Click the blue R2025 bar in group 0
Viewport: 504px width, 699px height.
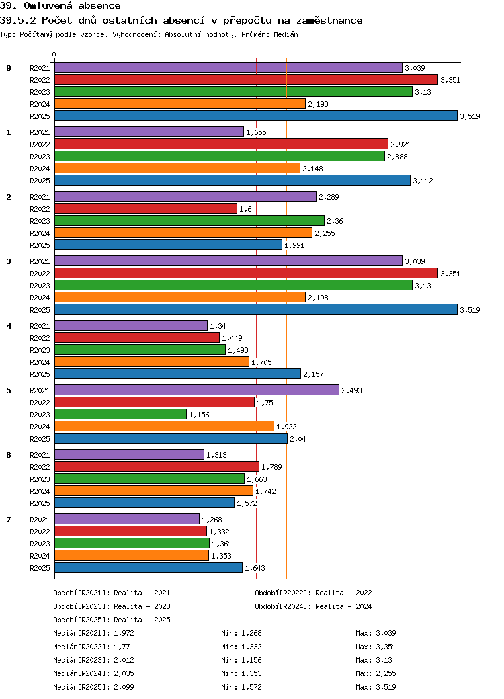click(255, 116)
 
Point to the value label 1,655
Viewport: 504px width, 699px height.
click(256, 132)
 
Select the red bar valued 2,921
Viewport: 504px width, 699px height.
click(221, 145)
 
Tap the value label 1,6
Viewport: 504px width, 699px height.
click(245, 209)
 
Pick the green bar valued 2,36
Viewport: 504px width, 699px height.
click(189, 221)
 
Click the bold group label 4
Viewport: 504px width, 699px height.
click(9, 326)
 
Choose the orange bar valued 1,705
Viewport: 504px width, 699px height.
click(152, 362)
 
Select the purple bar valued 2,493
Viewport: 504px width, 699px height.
click(196, 390)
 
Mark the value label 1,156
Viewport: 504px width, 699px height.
click(199, 415)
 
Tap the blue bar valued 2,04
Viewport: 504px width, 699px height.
click(171, 439)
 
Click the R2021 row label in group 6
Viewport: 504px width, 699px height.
click(40, 455)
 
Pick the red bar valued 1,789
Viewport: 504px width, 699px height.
click(157, 467)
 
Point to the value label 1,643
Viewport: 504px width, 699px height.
click(255, 568)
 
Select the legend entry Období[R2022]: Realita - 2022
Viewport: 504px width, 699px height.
click(313, 593)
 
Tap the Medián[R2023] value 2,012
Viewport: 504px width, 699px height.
click(124, 660)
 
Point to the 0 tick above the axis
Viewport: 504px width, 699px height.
click(54, 55)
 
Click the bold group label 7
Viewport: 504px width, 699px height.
click(9, 520)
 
